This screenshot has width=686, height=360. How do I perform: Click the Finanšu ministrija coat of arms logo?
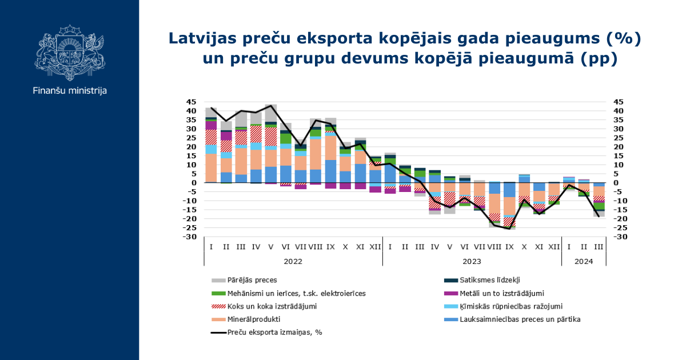click(70, 51)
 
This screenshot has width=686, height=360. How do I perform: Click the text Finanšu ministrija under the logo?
click(70, 90)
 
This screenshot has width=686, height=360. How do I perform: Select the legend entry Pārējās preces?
click(252, 280)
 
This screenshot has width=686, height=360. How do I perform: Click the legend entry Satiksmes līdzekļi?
click(490, 280)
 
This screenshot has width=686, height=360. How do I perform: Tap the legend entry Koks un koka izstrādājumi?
click(272, 306)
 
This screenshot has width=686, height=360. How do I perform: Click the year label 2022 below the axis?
click(293, 261)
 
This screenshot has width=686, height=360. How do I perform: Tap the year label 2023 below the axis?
click(472, 261)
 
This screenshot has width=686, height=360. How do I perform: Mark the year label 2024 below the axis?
click(584, 261)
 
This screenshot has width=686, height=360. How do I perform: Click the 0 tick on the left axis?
click(194, 183)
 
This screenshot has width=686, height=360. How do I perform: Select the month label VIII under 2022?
click(316, 247)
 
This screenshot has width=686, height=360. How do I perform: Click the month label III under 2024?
click(599, 247)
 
